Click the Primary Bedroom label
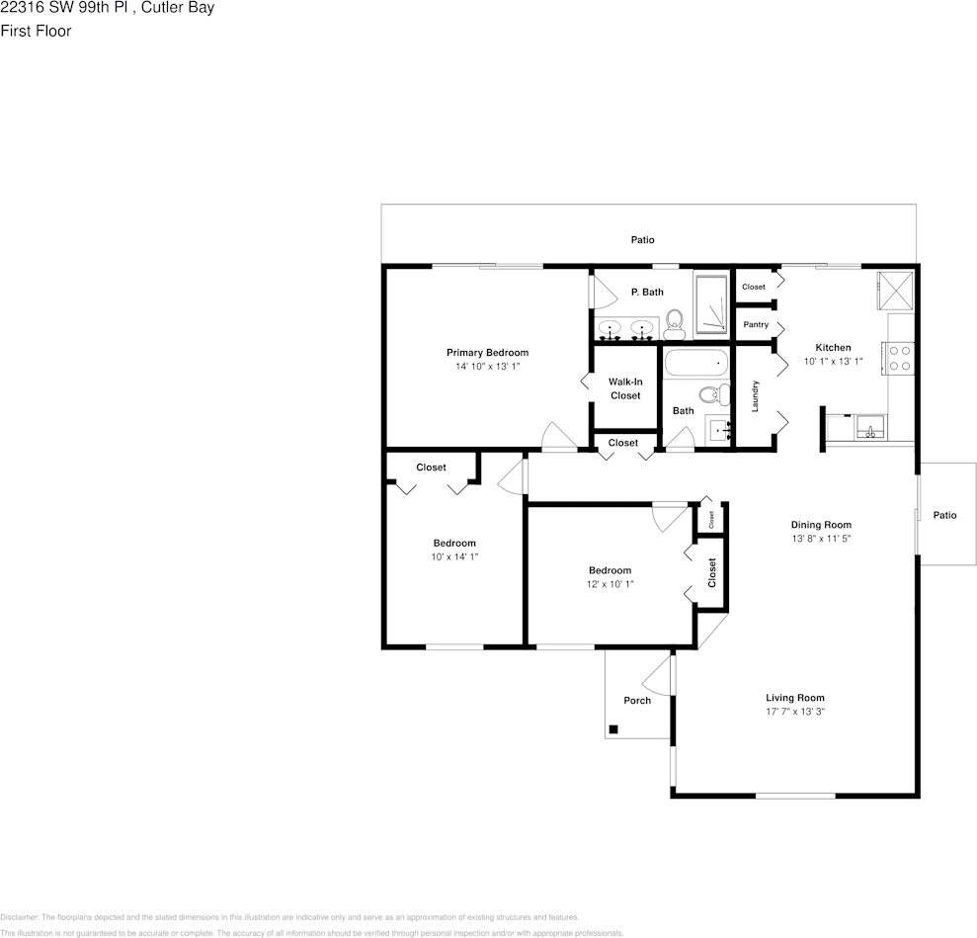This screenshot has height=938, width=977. [487, 353]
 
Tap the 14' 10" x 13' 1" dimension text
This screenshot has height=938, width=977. [487, 367]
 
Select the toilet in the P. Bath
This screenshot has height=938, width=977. [675, 320]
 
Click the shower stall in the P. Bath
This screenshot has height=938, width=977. [710, 304]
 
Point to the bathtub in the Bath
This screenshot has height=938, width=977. [695, 364]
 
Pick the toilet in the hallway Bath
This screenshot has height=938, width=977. [709, 395]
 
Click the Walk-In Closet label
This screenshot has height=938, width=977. [625, 388]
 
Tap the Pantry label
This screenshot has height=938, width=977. [756, 325]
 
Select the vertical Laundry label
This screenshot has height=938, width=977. [755, 396]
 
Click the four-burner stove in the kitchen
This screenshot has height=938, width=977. [900, 357]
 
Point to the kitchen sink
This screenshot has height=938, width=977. [870, 427]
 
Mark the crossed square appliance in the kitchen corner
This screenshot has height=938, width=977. [896, 290]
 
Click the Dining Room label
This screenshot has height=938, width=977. [821, 525]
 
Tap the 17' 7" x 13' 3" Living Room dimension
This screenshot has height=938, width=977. [795, 712]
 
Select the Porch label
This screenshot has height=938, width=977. [637, 701]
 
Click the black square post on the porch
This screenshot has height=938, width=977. [613, 729]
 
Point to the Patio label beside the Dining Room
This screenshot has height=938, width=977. [945, 515]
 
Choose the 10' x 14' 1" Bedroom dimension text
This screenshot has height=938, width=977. [454, 557]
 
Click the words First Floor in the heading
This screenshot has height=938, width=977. [36, 31]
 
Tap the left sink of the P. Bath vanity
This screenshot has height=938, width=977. [611, 328]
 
